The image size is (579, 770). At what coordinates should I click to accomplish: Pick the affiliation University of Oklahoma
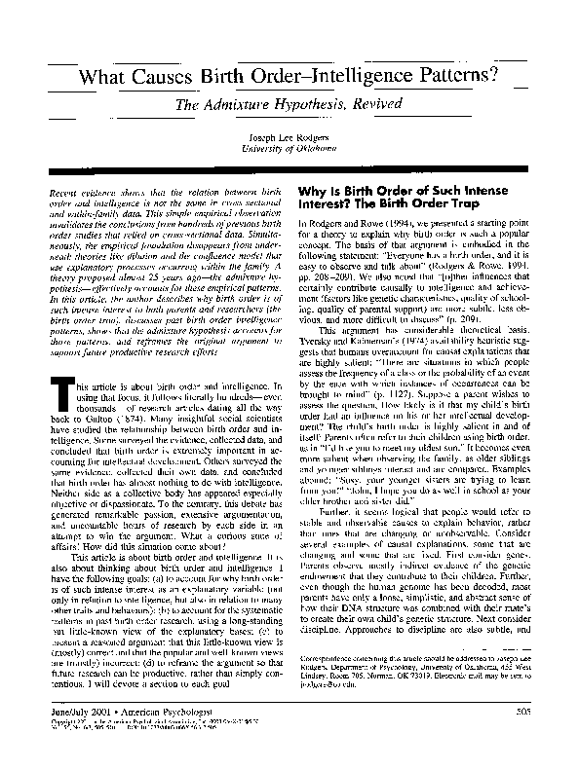tap(289, 148)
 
